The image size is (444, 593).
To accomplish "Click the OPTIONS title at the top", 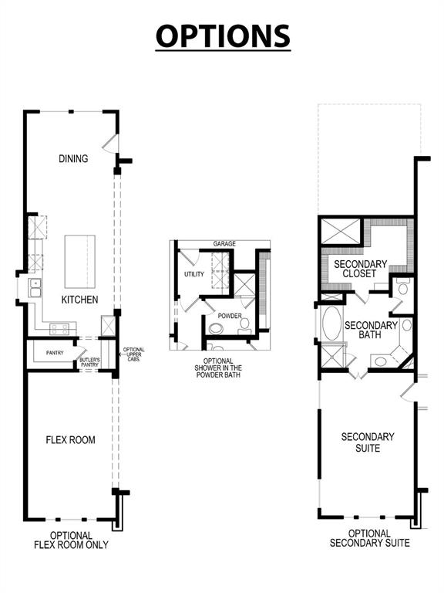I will pyautogui.click(x=222, y=36).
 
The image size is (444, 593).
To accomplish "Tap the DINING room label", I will pyautogui.click(x=73, y=159).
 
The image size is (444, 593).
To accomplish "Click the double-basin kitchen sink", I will pyautogui.click(x=35, y=289).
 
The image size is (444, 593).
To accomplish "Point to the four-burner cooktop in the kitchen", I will pyautogui.click(x=61, y=330).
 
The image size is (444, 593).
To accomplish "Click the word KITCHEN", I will pyautogui.click(x=80, y=300).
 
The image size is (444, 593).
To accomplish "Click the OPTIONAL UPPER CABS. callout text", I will pyautogui.click(x=133, y=354).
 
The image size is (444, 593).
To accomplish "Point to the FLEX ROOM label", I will pyautogui.click(x=70, y=440).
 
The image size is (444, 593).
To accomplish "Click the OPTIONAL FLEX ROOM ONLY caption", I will pyautogui.click(x=71, y=540).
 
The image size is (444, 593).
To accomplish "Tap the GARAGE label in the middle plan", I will pyautogui.click(x=225, y=244).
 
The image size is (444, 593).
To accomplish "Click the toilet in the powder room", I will pyautogui.click(x=215, y=330).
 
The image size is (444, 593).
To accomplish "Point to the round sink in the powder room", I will pyautogui.click(x=245, y=324).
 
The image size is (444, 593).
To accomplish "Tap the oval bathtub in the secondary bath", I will pyautogui.click(x=331, y=325).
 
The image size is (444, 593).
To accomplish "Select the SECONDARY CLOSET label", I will pyautogui.click(x=355, y=269).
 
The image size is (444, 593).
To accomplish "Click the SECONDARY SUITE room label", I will pyautogui.click(x=368, y=442).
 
